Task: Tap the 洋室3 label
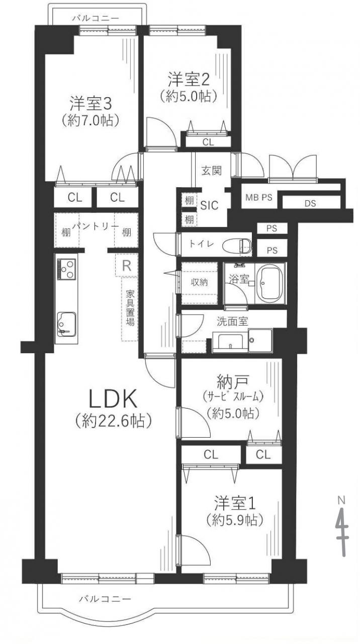[91, 104]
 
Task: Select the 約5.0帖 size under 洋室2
[188, 97]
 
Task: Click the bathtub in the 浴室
[270, 283]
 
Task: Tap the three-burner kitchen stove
[67, 269]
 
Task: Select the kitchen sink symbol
[66, 324]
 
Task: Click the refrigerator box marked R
[126, 266]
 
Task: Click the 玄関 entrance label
[212, 171]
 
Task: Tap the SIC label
[210, 205]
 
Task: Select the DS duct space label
[310, 204]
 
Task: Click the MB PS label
[258, 198]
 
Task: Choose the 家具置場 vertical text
[130, 308]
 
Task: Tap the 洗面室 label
[232, 321]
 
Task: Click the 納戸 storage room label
[232, 382]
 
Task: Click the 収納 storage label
[199, 282]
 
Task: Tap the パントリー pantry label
[96, 226]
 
